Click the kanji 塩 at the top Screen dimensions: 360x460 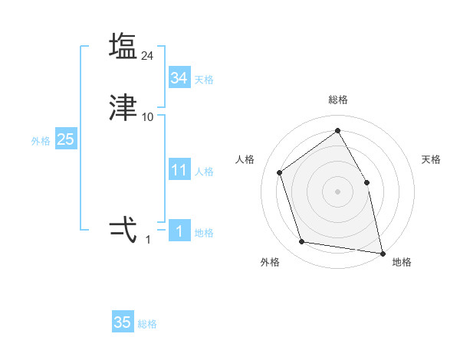point(123,47)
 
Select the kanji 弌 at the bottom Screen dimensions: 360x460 point(123,229)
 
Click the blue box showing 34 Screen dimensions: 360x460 point(179,77)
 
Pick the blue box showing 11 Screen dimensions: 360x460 point(179,170)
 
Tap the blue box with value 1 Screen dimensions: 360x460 point(179,231)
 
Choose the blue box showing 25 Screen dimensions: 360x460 point(65,139)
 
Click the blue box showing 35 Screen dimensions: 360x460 point(123,322)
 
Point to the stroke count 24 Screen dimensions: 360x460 point(148,55)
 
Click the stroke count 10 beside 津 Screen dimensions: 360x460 point(148,117)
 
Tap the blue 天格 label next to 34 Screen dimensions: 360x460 point(204,79)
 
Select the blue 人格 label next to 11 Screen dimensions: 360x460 point(204,172)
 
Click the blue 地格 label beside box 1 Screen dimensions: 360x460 point(204,233)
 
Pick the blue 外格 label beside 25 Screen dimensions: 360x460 point(40,141)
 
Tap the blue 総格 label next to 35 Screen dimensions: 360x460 point(147,324)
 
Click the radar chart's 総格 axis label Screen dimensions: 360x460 point(337,100)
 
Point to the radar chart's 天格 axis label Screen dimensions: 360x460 point(431,159)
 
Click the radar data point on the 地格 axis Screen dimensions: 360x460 point(382,252)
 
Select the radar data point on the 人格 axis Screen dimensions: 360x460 point(280,172)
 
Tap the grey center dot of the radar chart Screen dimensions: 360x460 point(337,191)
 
